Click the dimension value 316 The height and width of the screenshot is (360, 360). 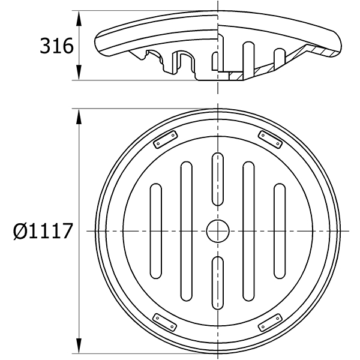pyautogui.click(x=57, y=46)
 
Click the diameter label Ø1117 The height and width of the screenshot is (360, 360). pyautogui.click(x=43, y=231)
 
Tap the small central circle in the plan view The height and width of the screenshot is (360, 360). pyautogui.click(x=218, y=231)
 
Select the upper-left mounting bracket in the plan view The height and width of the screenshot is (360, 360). pyautogui.click(x=166, y=139)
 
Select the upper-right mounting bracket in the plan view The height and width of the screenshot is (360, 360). pyautogui.click(x=270, y=139)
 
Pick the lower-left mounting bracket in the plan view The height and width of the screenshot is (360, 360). pyautogui.click(x=165, y=322)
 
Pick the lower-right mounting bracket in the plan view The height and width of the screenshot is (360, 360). pyautogui.click(x=270, y=323)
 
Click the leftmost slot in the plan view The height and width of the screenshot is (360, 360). pyautogui.click(x=156, y=231)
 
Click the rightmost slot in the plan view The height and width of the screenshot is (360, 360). pyautogui.click(x=280, y=231)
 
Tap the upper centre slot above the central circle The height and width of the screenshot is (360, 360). pyautogui.click(x=218, y=179)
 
